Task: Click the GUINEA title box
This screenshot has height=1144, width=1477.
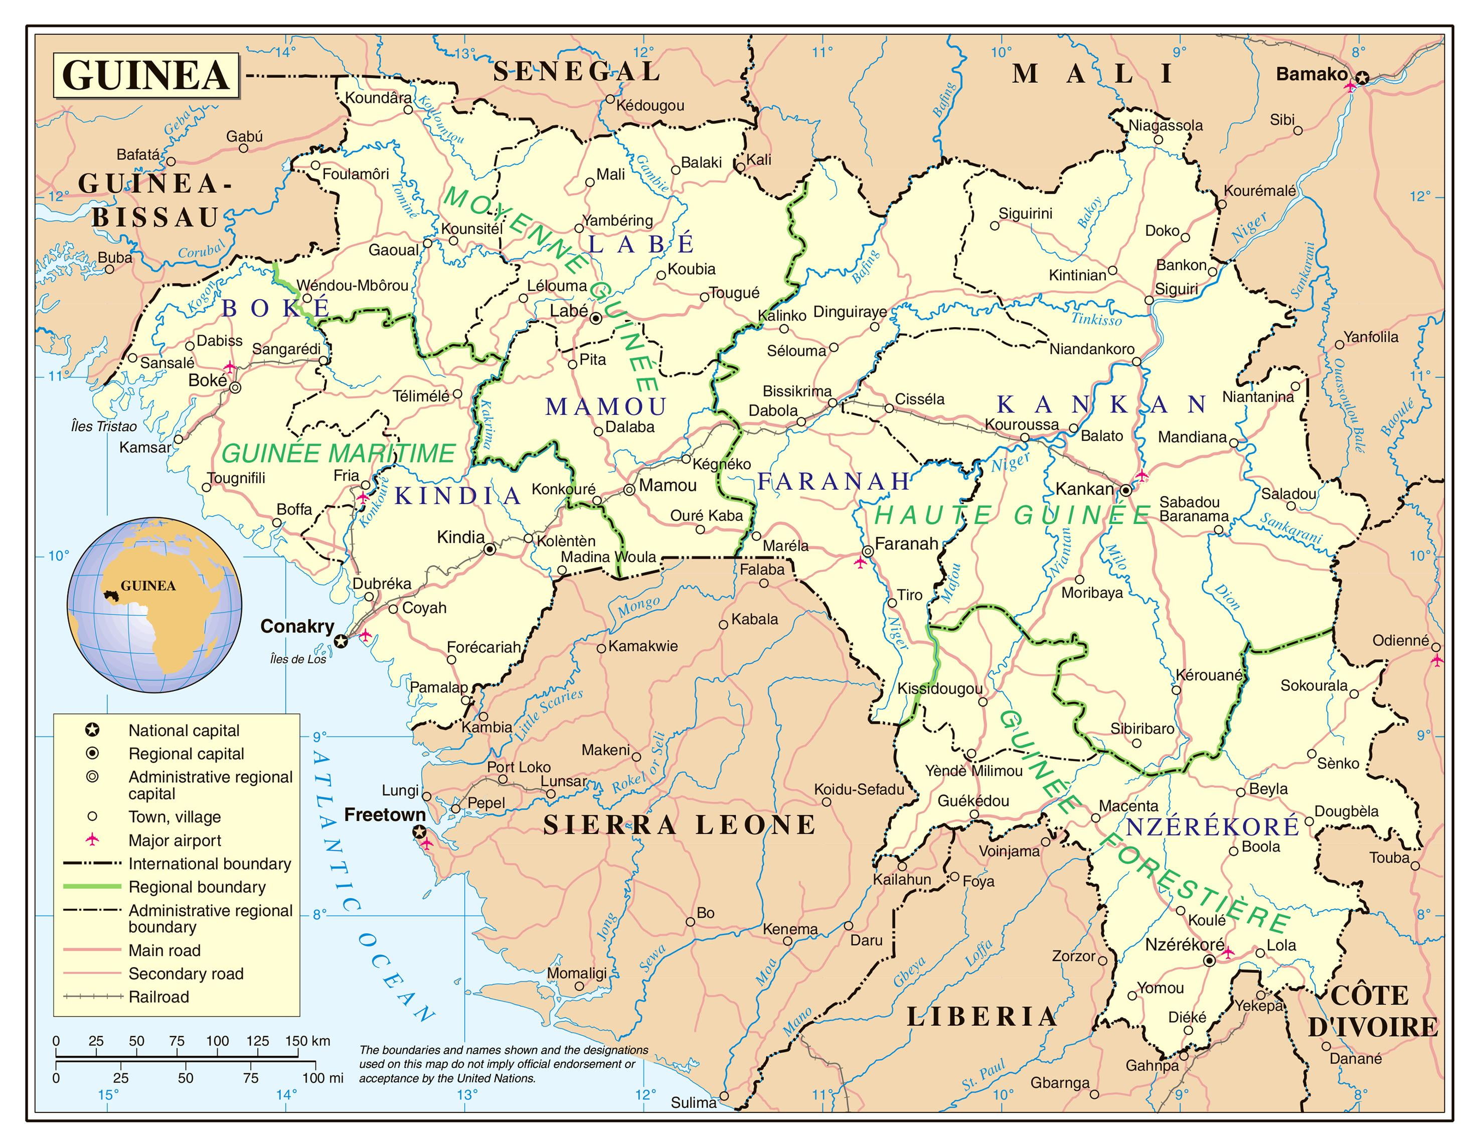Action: click(x=146, y=75)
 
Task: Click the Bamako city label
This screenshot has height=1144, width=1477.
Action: click(x=1311, y=74)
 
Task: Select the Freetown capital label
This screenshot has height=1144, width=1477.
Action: click(x=385, y=814)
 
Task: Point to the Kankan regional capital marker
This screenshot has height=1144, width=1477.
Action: click(x=1126, y=490)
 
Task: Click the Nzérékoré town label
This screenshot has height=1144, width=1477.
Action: click(x=1184, y=944)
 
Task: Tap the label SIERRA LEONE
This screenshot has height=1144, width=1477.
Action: click(x=680, y=825)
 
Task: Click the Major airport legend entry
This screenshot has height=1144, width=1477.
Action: click(x=175, y=840)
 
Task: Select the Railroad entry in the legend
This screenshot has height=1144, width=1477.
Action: click(x=158, y=996)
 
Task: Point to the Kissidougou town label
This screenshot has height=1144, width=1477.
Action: click(x=939, y=689)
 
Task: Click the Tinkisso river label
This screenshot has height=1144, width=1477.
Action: click(x=1095, y=319)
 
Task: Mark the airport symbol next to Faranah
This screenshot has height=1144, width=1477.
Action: click(x=860, y=562)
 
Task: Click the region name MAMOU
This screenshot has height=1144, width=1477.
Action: click(x=606, y=406)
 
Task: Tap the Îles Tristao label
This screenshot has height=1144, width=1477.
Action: click(x=103, y=426)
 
